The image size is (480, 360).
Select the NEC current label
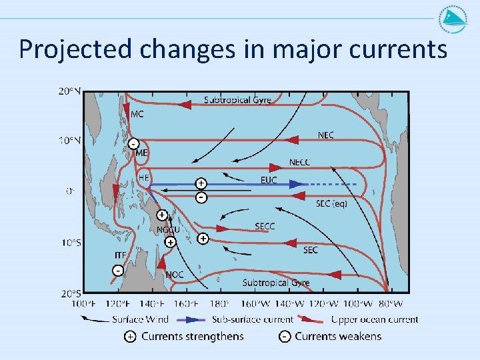pyautogui.click(x=326, y=135)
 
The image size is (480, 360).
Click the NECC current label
pyautogui.click(x=299, y=163)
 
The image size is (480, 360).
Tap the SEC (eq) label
pyautogui.click(x=331, y=203)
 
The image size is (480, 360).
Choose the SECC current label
pyautogui.click(x=265, y=227)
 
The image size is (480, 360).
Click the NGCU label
pyautogui.click(x=168, y=231)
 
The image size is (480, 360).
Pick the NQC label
pyautogui.click(x=175, y=275)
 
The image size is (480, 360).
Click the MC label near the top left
pyautogui.click(x=137, y=114)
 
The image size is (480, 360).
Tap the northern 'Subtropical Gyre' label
pyautogui.click(x=237, y=100)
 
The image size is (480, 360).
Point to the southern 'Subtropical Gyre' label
pyautogui.click(x=276, y=283)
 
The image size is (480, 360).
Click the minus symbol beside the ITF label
pyautogui.click(x=117, y=271)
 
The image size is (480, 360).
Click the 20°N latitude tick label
pyautogui.click(x=70, y=91)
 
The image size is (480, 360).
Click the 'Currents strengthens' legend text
pyautogui.click(x=192, y=336)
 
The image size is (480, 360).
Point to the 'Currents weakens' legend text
pyautogui.click(x=338, y=336)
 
